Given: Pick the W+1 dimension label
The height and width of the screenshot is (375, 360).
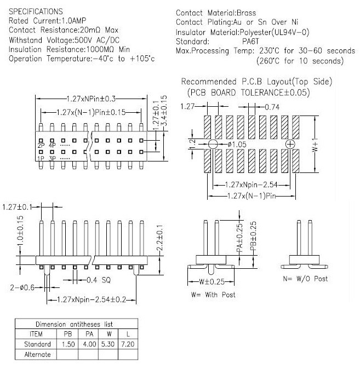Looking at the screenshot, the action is (x=321, y=145).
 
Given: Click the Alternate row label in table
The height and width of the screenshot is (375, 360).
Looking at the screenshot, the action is (x=37, y=354).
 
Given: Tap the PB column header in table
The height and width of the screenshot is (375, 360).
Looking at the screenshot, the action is (x=67, y=333).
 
